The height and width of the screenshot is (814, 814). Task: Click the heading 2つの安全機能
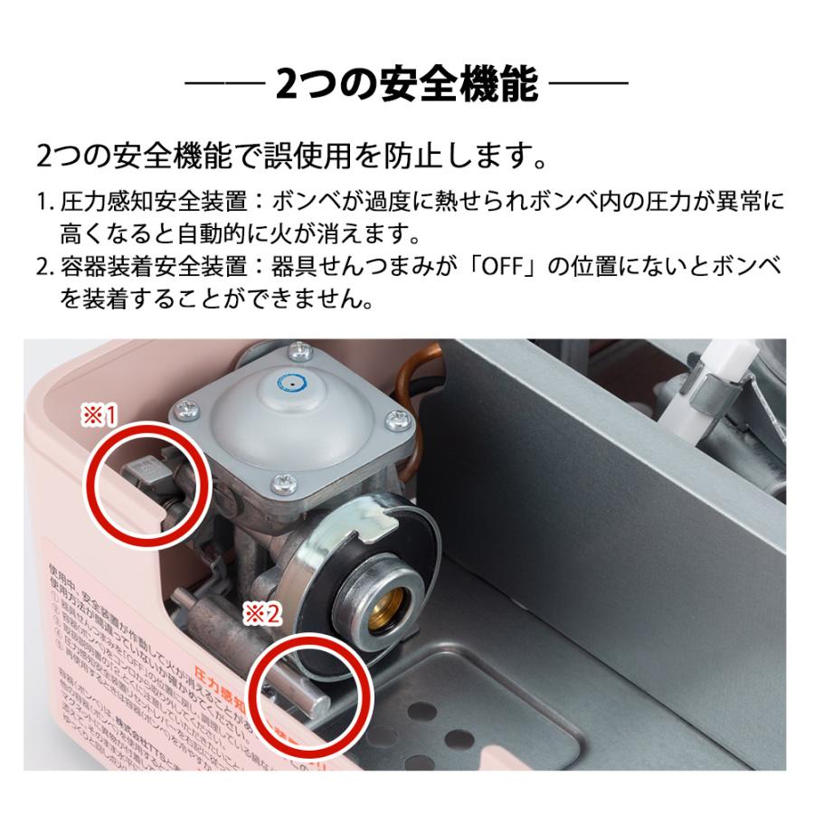pos(407,88)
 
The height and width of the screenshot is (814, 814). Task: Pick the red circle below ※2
pos(310,691)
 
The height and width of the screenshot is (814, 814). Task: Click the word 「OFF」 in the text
pos(516,270)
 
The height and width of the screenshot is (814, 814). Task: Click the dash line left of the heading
pos(224,88)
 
